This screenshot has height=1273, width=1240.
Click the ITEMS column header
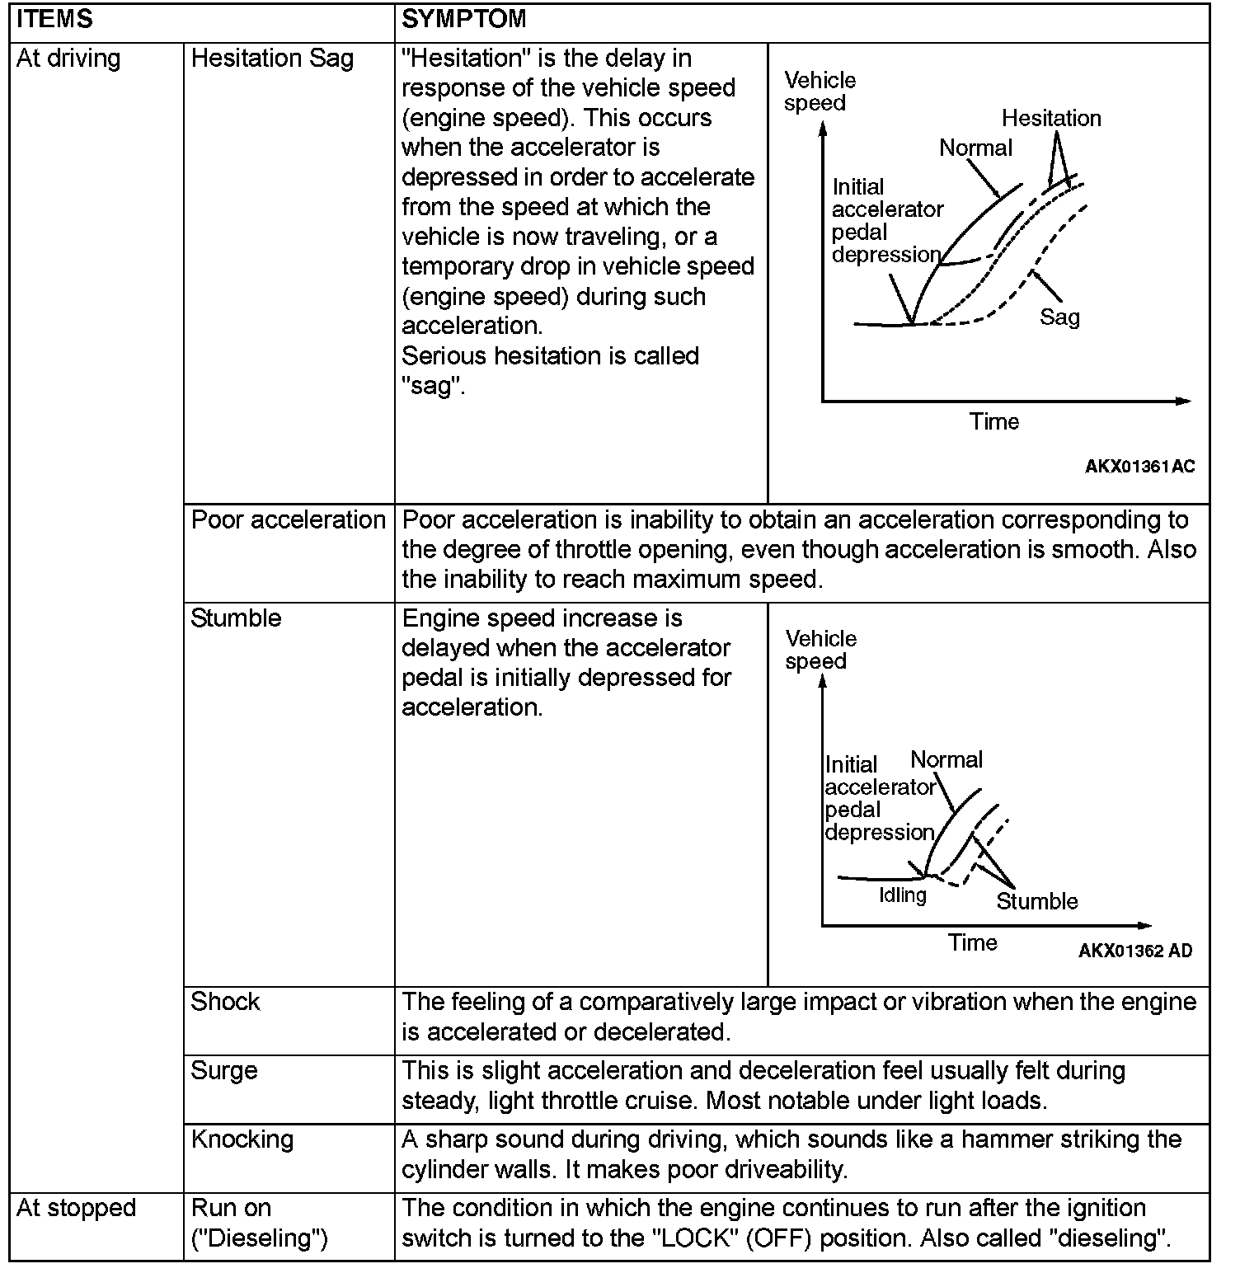(54, 19)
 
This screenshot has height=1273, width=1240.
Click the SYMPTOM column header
(463, 19)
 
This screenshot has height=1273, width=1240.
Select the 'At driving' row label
(68, 59)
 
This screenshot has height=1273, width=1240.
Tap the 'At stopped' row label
(76, 1208)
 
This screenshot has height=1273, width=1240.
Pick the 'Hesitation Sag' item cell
(272, 59)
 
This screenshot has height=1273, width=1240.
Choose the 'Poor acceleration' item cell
(289, 520)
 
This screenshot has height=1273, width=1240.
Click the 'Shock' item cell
(225, 1002)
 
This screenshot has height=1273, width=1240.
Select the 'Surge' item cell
(224, 1070)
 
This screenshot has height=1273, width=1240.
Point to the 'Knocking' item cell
(242, 1139)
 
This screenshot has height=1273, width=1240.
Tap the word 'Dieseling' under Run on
(260, 1238)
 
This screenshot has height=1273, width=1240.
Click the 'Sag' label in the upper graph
(1059, 317)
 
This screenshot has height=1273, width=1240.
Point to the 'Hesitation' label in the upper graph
(1051, 119)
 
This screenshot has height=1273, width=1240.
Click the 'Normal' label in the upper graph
(975, 148)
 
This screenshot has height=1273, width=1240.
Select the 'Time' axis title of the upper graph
(994, 422)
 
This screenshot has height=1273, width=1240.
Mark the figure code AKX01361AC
(1139, 467)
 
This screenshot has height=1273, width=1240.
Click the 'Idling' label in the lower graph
(903, 895)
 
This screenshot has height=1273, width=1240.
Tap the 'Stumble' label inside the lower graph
(1037, 901)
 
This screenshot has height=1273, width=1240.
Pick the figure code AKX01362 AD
(1134, 951)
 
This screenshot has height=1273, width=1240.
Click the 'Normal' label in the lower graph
(946, 760)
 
